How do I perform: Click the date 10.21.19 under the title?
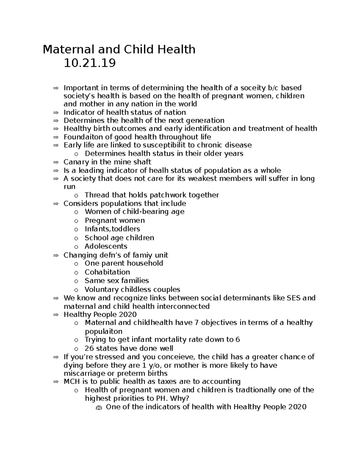pos(89,63)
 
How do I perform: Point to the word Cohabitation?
pos(107,272)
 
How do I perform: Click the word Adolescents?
pos(106,246)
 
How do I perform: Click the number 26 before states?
pos(89,348)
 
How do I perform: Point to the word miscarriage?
pos(84,374)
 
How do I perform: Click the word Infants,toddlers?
pos(112,229)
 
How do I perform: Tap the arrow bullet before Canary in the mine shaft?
pos(55,162)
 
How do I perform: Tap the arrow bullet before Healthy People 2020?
pos(55,315)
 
